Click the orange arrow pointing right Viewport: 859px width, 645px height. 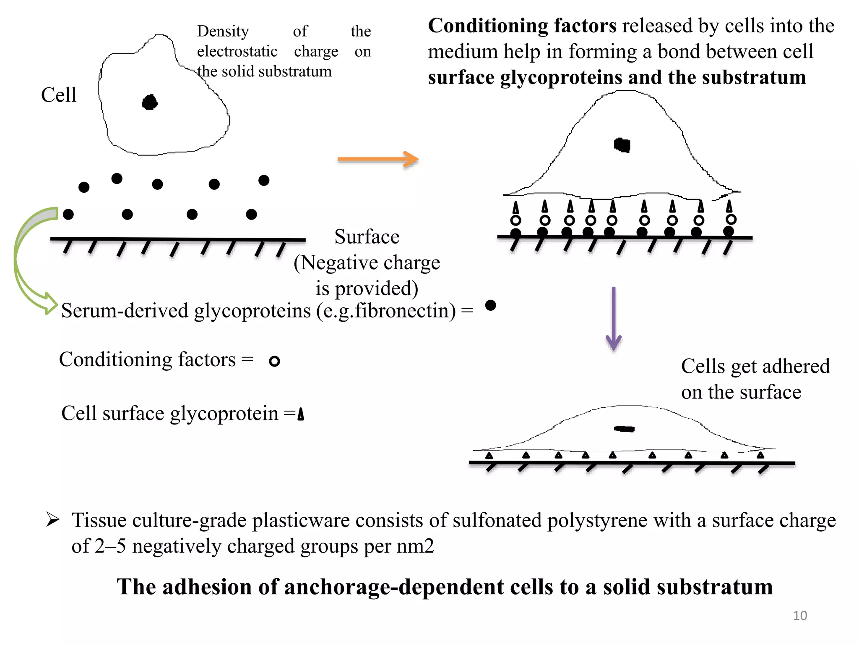pyautogui.click(x=377, y=159)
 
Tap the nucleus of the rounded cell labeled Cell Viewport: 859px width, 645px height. pyautogui.click(x=150, y=102)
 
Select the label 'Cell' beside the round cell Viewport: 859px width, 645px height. pyautogui.click(x=59, y=95)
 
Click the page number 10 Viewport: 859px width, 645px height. pyautogui.click(x=800, y=616)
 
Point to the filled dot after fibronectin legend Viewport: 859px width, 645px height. pyautogui.click(x=490, y=305)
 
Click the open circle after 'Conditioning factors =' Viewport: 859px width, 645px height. pyautogui.click(x=274, y=361)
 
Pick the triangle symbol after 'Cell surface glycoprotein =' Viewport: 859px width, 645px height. pyautogui.click(x=301, y=414)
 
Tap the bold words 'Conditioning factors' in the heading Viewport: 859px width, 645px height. pyautogui.click(x=522, y=26)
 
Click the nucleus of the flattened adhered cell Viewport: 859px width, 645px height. pyautogui.click(x=625, y=429)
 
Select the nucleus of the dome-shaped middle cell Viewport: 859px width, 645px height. pyautogui.click(x=622, y=145)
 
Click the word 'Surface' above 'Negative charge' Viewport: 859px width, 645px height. pyautogui.click(x=367, y=237)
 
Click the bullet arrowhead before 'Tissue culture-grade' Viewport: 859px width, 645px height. pyautogui.click(x=52, y=520)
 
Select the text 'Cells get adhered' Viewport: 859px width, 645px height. pyautogui.click(x=755, y=366)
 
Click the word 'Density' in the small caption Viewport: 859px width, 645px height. pyautogui.click(x=223, y=31)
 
